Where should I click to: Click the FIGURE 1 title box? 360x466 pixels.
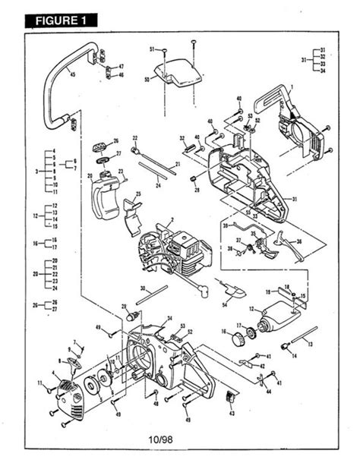pyautogui.click(x=62, y=20)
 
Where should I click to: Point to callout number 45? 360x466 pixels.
pyautogui.click(x=72, y=74)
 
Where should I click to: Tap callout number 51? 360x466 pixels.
pyautogui.click(x=152, y=49)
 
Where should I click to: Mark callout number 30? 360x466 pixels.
pyautogui.click(x=143, y=288)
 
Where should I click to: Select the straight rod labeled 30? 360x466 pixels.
pyautogui.click(x=159, y=291)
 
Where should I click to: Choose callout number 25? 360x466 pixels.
pyautogui.click(x=138, y=196)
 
